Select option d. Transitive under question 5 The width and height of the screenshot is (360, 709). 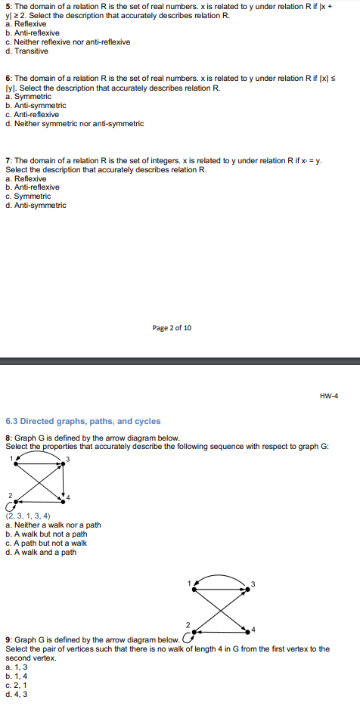26,51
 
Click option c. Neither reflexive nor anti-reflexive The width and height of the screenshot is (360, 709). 67,42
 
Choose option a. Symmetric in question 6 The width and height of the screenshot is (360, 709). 28,97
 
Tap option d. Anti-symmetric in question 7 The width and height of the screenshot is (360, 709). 36,206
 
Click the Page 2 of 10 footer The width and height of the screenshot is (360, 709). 172,328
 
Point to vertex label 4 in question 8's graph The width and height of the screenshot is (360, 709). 67,496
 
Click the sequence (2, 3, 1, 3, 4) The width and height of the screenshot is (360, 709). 28,516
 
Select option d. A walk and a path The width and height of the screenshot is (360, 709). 41,553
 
